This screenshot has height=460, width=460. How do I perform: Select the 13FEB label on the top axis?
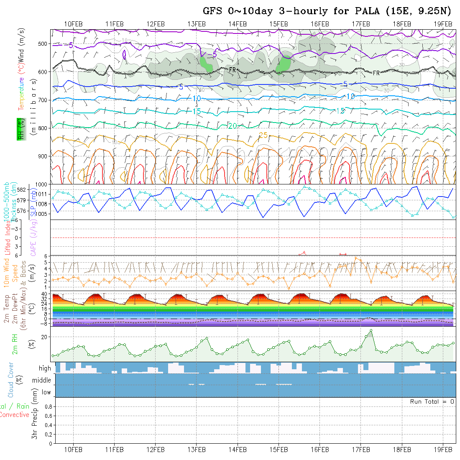point(197,24)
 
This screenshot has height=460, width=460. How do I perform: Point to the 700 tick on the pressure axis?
point(43,100)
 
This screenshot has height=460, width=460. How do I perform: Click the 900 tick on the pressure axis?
point(43,156)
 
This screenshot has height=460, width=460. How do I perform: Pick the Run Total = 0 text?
point(432,401)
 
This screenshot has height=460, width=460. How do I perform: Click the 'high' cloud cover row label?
point(45,368)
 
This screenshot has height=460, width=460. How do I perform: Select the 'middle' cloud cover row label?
point(41,380)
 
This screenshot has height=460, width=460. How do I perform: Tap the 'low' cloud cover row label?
point(46,392)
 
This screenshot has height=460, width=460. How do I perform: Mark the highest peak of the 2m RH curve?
point(371,331)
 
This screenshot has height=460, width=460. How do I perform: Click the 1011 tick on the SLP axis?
point(43,194)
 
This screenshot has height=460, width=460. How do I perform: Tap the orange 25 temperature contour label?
point(263,135)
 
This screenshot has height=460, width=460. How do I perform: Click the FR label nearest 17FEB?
point(376,73)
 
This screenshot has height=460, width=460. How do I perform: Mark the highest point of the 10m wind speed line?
point(355,258)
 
